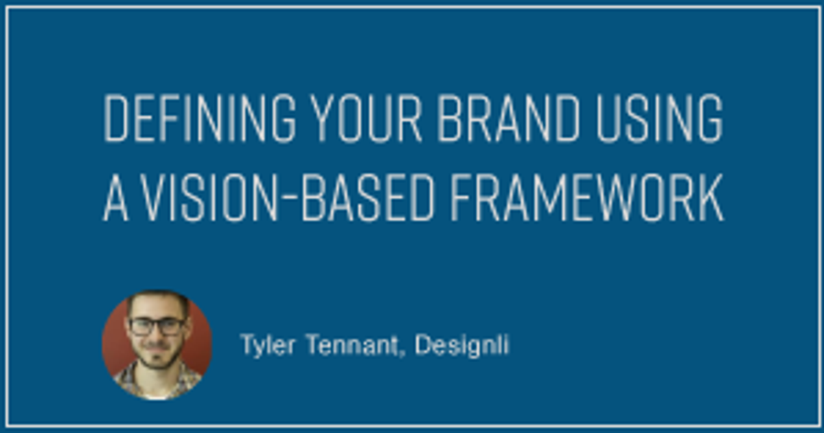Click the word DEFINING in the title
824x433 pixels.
(x=198, y=118)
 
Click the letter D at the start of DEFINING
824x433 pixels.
(x=113, y=118)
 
